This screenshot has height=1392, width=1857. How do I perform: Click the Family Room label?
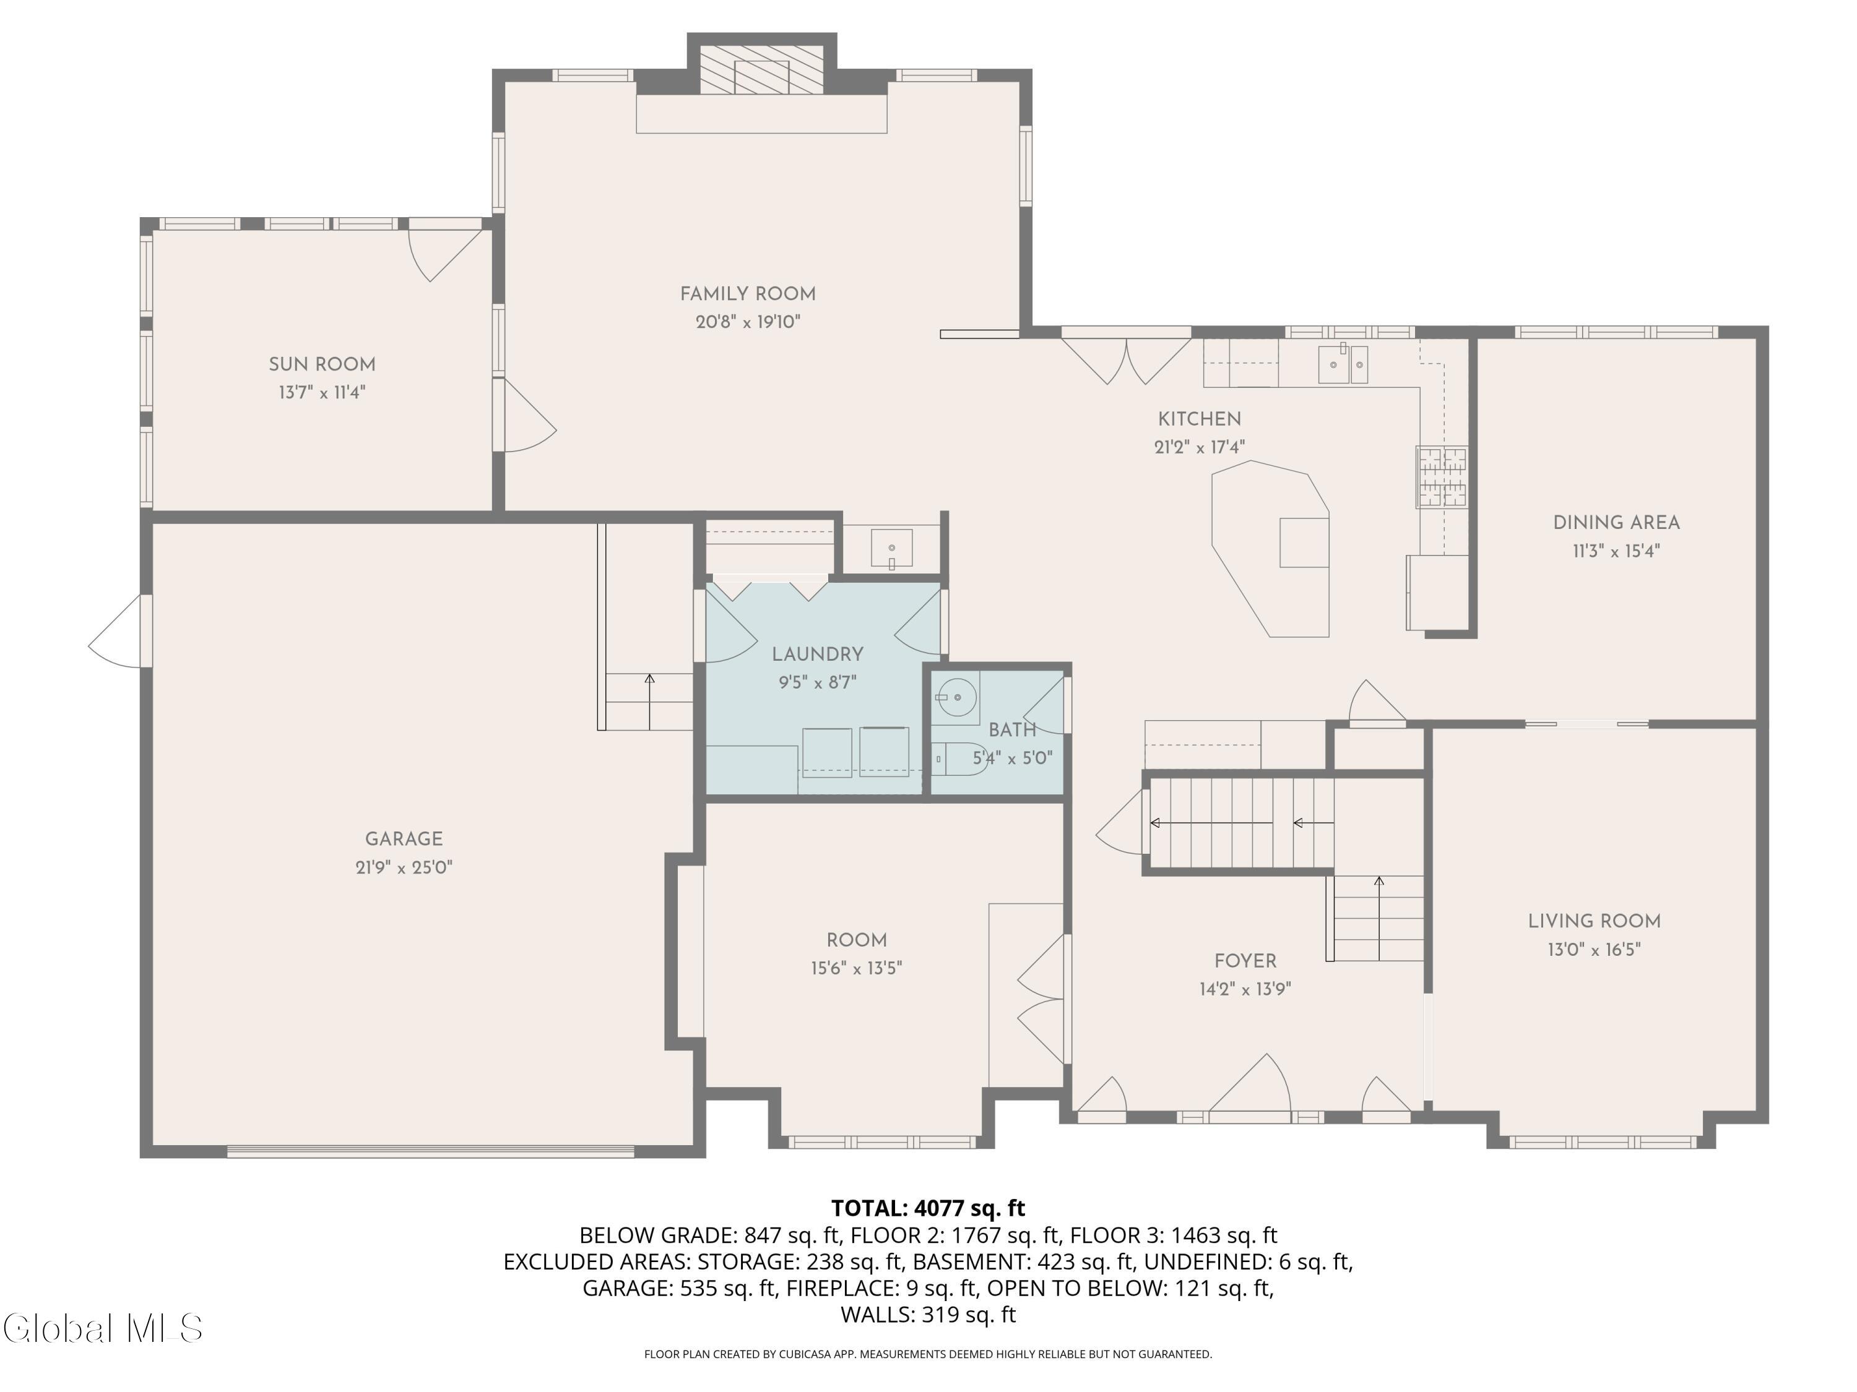[747, 294]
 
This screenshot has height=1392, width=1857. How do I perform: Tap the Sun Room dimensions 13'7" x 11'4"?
[322, 392]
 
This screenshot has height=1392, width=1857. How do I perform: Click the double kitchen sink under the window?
[1343, 364]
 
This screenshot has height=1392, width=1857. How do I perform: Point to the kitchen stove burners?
[1442, 476]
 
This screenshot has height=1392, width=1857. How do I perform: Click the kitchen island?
[1271, 549]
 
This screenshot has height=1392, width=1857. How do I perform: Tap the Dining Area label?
[1616, 523]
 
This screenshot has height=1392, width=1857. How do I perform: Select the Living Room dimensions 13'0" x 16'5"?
[1594, 949]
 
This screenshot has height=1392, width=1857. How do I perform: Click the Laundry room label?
[818, 655]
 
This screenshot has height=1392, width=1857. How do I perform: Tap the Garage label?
[404, 839]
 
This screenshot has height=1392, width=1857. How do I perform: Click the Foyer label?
[1245, 961]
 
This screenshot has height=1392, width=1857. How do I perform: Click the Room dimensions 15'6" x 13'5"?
[856, 968]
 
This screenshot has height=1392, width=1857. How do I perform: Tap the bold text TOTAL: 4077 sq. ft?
[928, 1208]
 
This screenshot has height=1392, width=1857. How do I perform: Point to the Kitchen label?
[1199, 419]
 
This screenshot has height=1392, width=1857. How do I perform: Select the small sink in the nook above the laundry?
[891, 549]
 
